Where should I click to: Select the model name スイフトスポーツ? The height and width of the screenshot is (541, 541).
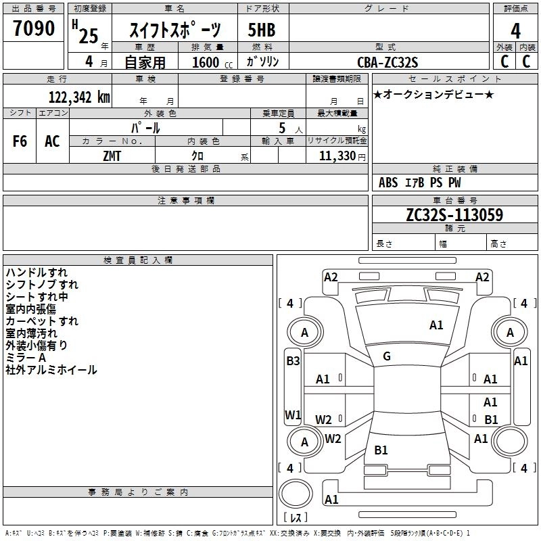(174, 30)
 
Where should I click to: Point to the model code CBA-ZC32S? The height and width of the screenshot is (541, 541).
(387, 62)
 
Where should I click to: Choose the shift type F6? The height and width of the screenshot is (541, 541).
(20, 141)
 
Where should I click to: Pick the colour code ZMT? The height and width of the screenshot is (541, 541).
(112, 155)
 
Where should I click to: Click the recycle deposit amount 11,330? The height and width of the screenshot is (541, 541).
(335, 156)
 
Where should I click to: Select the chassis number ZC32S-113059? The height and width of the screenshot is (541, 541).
(454, 215)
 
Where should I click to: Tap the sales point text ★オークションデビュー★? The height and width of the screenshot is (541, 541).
(433, 94)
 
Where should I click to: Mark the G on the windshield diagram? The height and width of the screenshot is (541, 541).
(387, 356)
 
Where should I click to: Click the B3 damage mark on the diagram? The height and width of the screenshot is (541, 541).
(293, 361)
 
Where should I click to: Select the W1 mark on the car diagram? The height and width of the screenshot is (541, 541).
(293, 415)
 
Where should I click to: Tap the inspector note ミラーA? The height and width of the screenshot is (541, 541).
(26, 358)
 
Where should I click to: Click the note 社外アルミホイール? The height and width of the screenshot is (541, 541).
(51, 370)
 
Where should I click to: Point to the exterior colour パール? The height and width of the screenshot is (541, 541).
(145, 128)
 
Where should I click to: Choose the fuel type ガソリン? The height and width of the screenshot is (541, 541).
(263, 62)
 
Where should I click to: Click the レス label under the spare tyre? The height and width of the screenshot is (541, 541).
(296, 517)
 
